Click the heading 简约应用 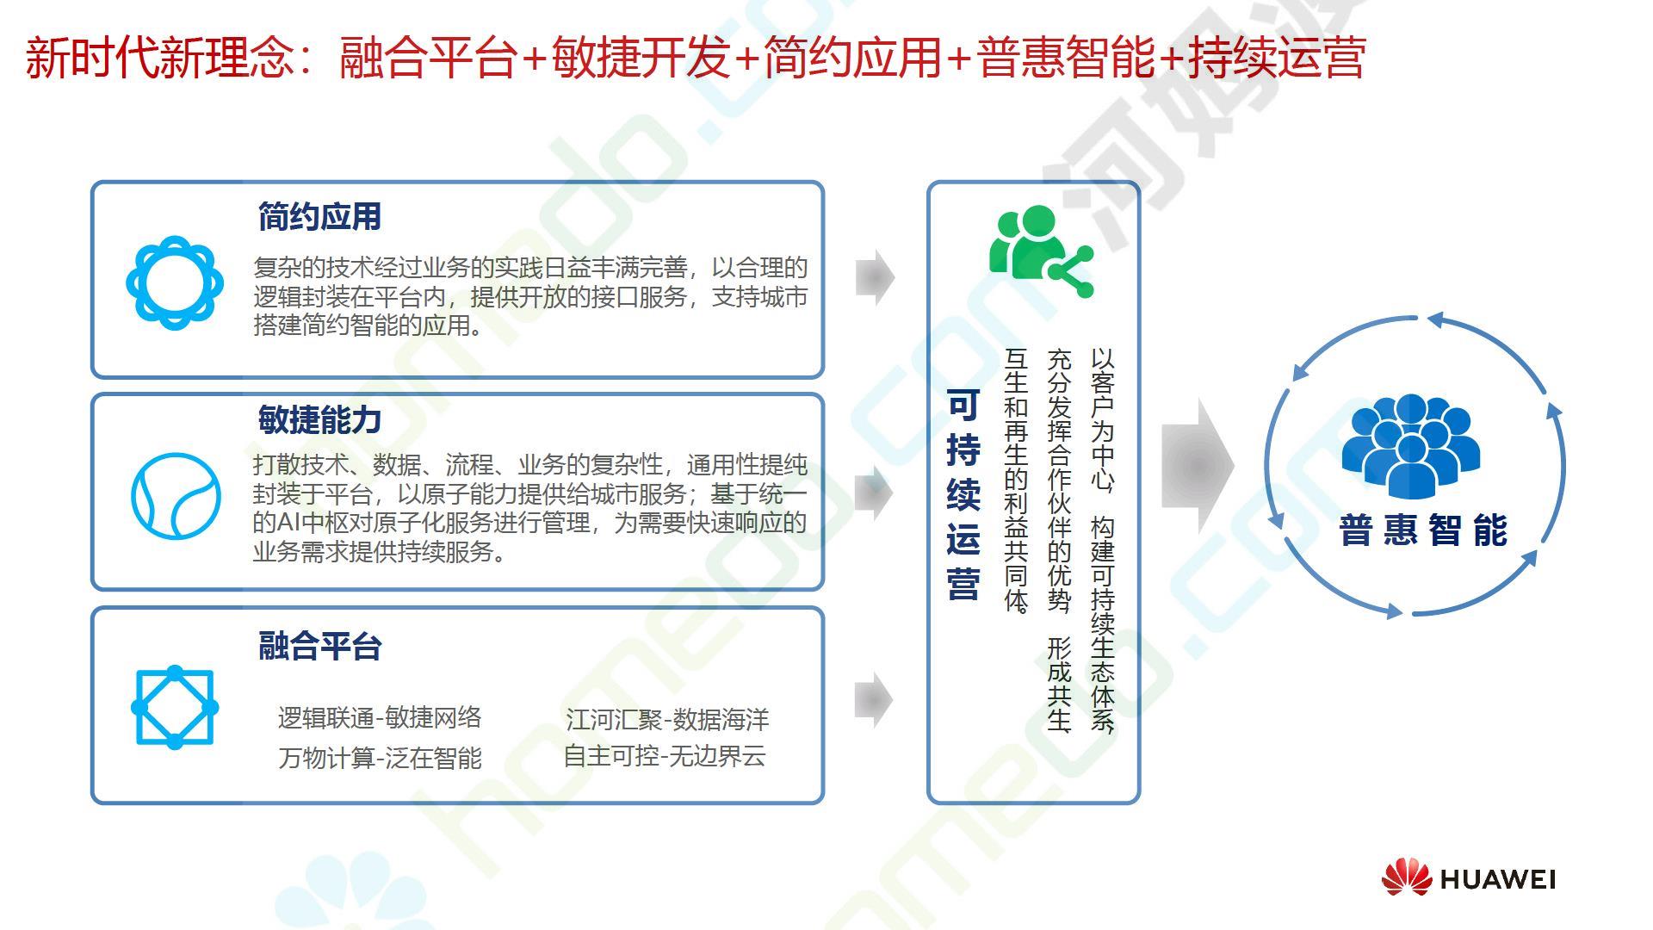(x=319, y=217)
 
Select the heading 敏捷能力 (x=319, y=420)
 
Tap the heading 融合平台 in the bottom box (x=319, y=646)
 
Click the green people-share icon (x=1041, y=251)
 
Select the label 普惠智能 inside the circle (x=1423, y=530)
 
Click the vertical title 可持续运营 (x=963, y=495)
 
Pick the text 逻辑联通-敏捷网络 (x=380, y=717)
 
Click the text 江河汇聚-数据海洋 (x=667, y=719)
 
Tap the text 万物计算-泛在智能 (x=380, y=758)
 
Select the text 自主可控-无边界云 (x=665, y=756)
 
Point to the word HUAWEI (x=1497, y=879)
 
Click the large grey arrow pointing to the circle (x=1198, y=466)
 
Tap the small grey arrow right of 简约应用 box (x=876, y=277)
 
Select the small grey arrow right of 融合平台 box (x=875, y=700)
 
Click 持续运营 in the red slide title (x=1278, y=58)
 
